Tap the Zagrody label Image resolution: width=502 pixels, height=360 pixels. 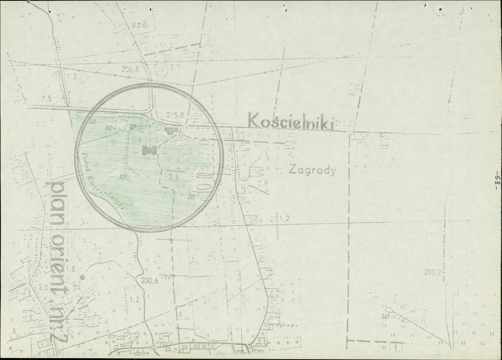click(x=312, y=170)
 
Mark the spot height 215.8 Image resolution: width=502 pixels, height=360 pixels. click(x=175, y=114)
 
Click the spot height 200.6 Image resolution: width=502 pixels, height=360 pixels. click(x=150, y=281)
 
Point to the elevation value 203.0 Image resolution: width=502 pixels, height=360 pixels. click(x=433, y=273)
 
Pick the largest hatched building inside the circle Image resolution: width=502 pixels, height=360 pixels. click(x=149, y=150)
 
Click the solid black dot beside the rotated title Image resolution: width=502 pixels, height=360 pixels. click(x=82, y=277)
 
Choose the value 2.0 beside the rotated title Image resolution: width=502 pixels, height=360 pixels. click(x=43, y=288)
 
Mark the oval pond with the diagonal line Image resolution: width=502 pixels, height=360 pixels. click(x=389, y=310)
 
